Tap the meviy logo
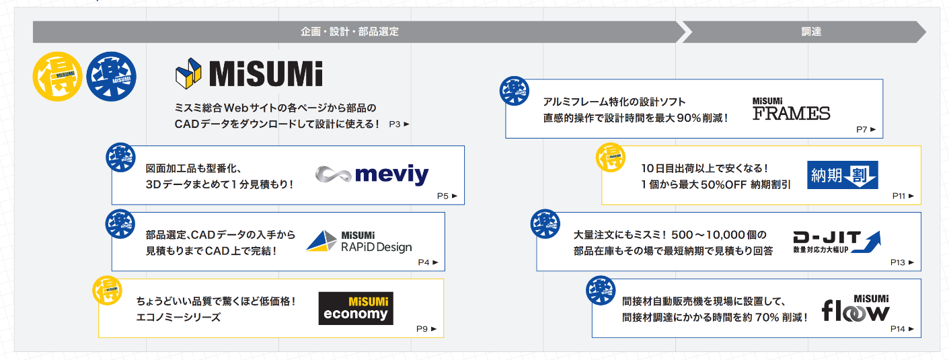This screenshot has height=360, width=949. (x=372, y=176)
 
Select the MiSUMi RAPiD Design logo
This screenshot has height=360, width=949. (x=359, y=241)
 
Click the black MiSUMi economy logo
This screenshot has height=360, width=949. (x=356, y=308)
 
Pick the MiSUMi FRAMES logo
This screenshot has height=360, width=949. (x=791, y=109)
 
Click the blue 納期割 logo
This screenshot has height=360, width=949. (x=843, y=175)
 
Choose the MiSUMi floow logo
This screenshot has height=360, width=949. (x=856, y=308)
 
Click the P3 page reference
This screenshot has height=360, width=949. (x=399, y=124)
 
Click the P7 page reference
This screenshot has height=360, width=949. (x=866, y=129)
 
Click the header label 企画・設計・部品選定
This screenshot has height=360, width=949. (x=350, y=32)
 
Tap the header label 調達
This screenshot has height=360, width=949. (x=811, y=32)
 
